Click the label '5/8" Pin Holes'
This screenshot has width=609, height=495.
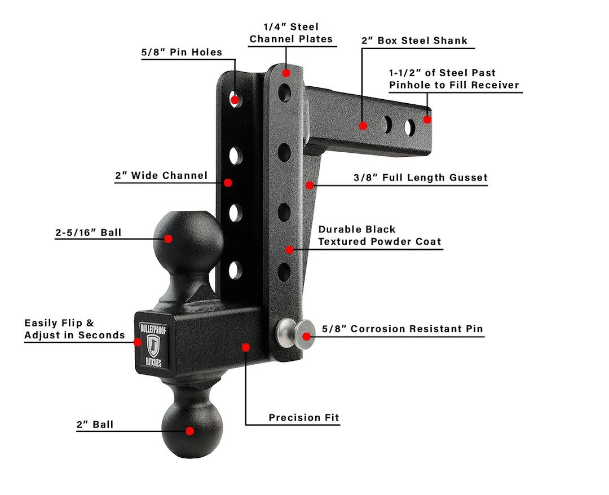tap(181, 52)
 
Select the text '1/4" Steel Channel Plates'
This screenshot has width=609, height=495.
tap(291, 33)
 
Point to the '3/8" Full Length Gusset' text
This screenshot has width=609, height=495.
tap(420, 178)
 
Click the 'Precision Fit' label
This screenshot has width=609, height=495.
tap(304, 418)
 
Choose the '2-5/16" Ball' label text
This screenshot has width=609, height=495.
tap(89, 232)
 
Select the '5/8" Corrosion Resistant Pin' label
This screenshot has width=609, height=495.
tap(402, 329)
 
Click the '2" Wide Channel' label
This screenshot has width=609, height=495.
tap(161, 176)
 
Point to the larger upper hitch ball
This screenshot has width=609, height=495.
tap(188, 237)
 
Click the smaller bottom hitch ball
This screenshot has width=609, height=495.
tap(191, 430)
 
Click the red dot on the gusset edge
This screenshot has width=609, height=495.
tap(309, 184)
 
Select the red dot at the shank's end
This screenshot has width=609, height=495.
tap(427, 120)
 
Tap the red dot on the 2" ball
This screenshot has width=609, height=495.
tap(190, 431)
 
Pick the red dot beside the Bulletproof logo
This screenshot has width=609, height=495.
tap(138, 341)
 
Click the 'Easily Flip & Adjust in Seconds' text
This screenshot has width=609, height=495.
tap(74, 329)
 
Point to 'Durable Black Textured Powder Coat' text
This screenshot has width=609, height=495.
tap(379, 236)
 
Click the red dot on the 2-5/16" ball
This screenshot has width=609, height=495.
tap(168, 238)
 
